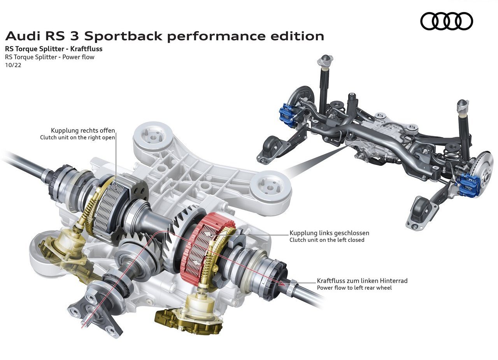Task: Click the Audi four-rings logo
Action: [x=446, y=21]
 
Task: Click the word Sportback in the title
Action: [x=123, y=36]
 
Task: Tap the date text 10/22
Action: [x=13, y=65]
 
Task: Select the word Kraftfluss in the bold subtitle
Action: [x=86, y=49]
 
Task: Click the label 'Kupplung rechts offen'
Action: [x=83, y=130]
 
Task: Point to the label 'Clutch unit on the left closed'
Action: [x=327, y=240]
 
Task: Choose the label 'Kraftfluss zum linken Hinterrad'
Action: [x=362, y=281]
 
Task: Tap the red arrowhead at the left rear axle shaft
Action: [x=282, y=283]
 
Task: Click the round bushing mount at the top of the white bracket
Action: [x=153, y=137]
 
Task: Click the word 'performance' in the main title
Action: [x=216, y=37]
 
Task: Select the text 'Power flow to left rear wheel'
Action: [x=354, y=288]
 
